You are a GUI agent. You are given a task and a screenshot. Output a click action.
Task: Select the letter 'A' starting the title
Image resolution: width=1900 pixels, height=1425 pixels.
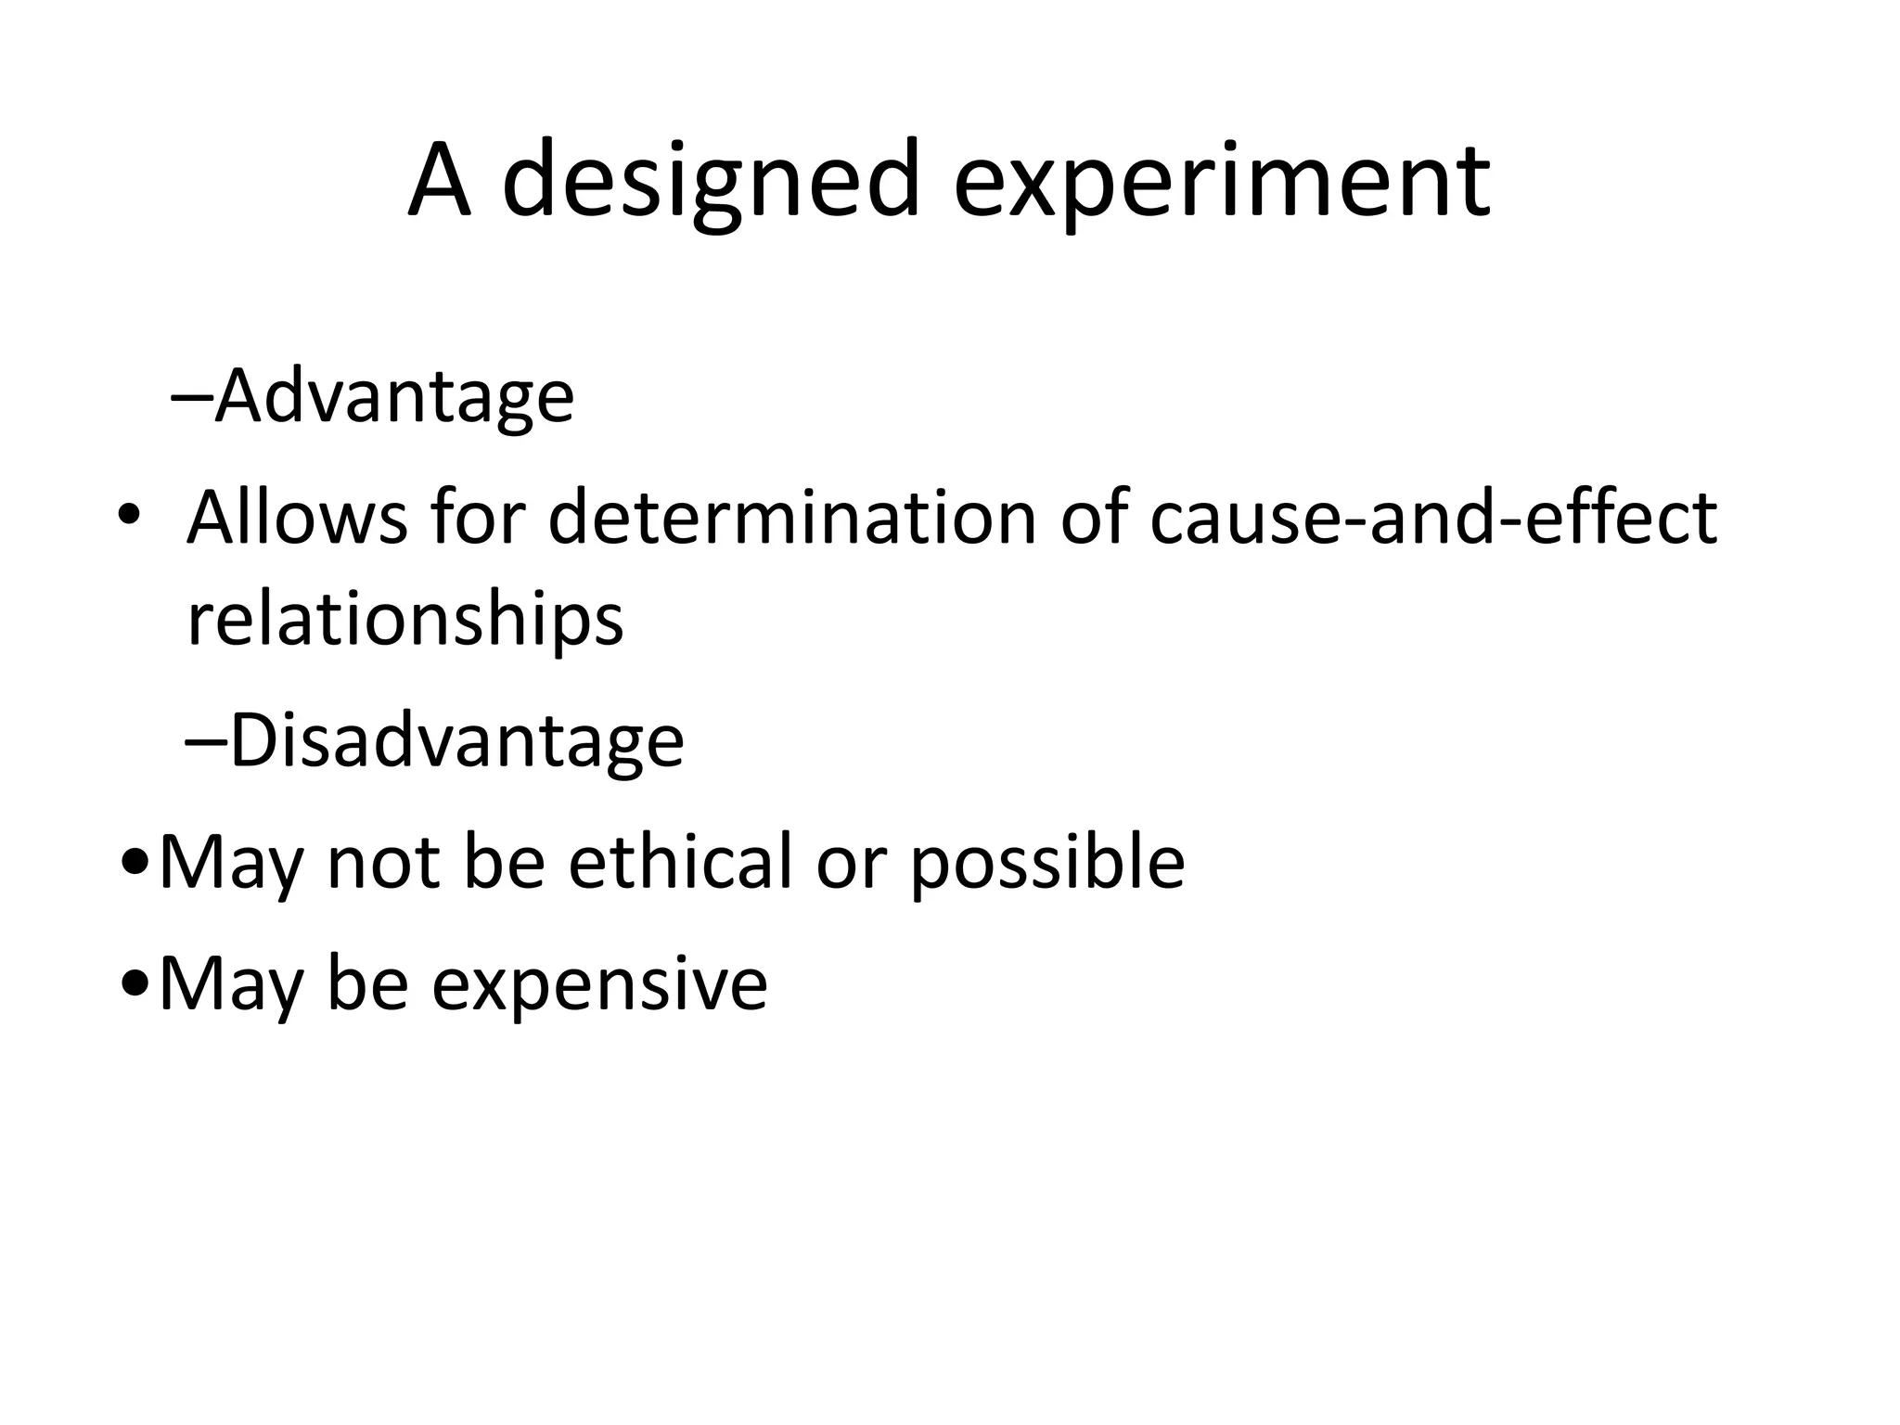coord(439,181)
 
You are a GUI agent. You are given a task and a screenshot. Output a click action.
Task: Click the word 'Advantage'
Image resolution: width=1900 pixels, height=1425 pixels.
coord(394,397)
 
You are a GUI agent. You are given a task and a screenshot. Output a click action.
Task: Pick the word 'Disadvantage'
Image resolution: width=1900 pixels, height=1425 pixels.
coord(456,741)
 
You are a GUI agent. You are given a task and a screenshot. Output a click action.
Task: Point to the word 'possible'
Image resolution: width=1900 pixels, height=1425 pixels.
coord(1046,864)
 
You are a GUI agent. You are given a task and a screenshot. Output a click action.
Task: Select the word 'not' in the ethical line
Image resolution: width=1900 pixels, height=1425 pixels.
coord(383,864)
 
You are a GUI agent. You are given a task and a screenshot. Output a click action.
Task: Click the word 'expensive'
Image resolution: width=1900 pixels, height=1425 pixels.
coord(599,984)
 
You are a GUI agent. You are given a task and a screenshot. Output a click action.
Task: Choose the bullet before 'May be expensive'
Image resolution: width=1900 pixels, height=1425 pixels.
coord(136,985)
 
